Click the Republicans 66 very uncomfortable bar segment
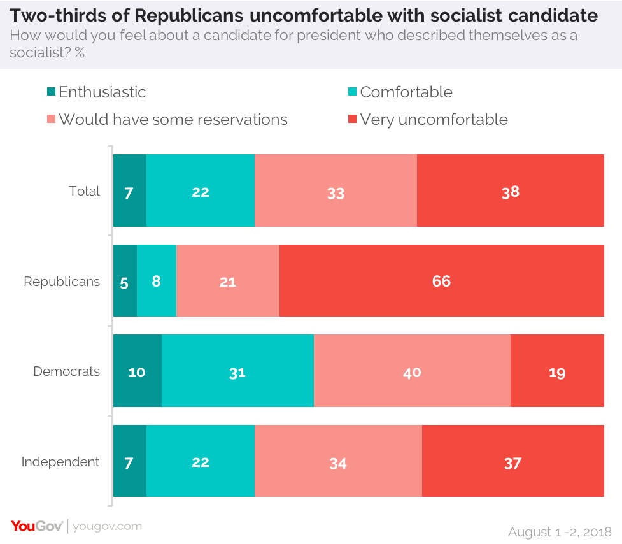pyautogui.click(x=441, y=281)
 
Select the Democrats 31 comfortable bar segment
pyautogui.click(x=237, y=371)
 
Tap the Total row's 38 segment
pyautogui.click(x=511, y=190)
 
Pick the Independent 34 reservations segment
pyautogui.click(x=338, y=462)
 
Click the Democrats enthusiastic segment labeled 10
pyautogui.click(x=137, y=371)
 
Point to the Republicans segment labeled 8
pyautogui.click(x=157, y=281)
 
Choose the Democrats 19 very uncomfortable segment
pyautogui.click(x=557, y=371)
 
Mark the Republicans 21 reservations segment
pyautogui.click(x=228, y=281)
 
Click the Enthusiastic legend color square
pyautogui.click(x=52, y=92)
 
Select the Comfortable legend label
pyautogui.click(x=406, y=92)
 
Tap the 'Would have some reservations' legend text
pyautogui.click(x=173, y=120)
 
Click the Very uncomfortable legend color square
pyautogui.click(x=352, y=120)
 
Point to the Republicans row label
pyautogui.click(x=62, y=282)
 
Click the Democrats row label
pyautogui.click(x=67, y=371)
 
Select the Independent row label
pyautogui.click(x=60, y=462)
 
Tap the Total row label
pyautogui.click(x=85, y=191)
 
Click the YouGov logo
pyautogui.click(x=36, y=526)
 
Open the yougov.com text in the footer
pyautogui.click(x=108, y=526)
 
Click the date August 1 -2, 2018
pyautogui.click(x=560, y=531)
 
